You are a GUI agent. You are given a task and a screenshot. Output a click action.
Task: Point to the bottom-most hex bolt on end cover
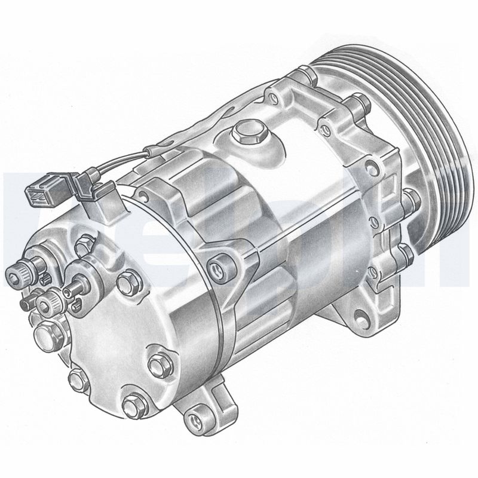(133, 406)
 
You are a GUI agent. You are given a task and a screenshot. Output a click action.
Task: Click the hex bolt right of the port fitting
(125, 282)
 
